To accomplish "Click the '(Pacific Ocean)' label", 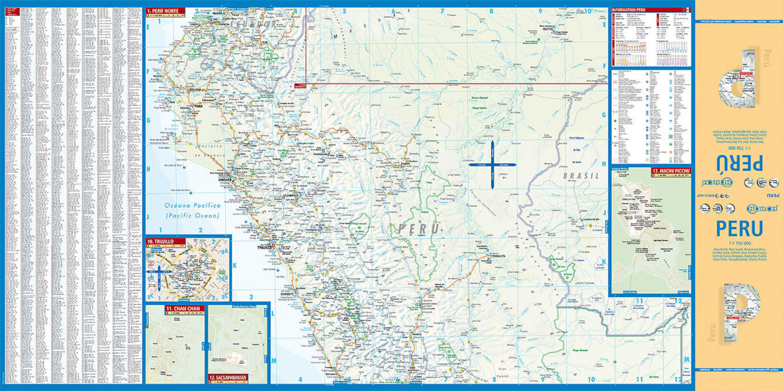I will pyautogui.click(x=192, y=215).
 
